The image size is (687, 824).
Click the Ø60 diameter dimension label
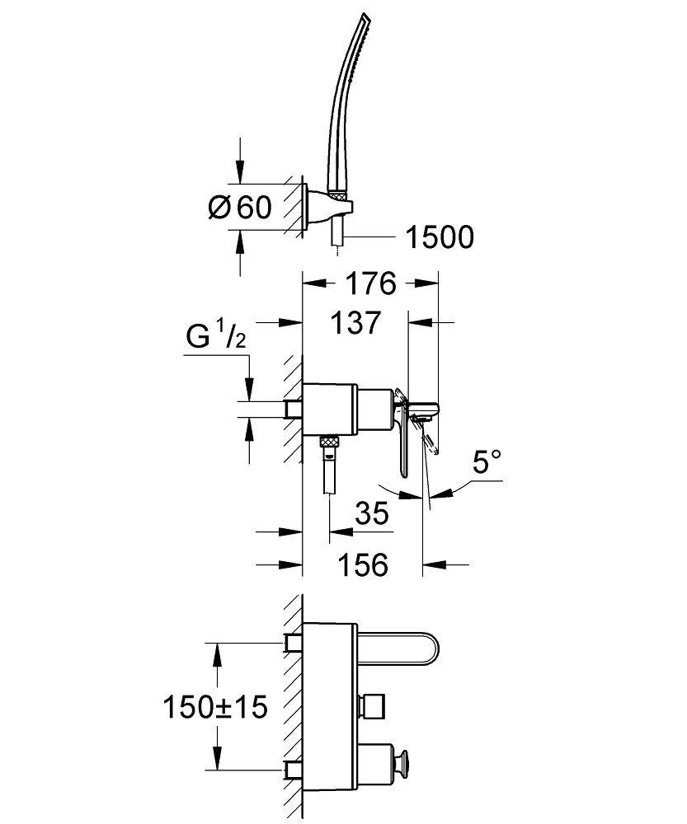pos(240,207)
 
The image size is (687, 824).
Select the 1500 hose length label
pos(440,238)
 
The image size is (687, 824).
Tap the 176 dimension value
pos(369,283)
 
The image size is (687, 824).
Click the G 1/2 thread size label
pos(217,338)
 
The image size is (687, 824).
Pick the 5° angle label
pos(487,463)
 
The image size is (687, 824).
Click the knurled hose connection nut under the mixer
pos(329,445)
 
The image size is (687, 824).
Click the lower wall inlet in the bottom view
pos(292,770)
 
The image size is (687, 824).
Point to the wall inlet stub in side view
pos(292,408)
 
